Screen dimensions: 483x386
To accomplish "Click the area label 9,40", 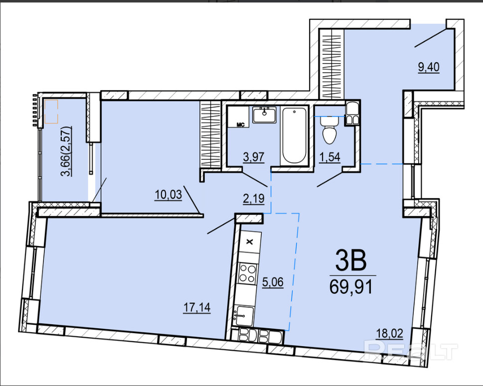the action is coord(429,67).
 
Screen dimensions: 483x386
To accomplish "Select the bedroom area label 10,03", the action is coord(168,195).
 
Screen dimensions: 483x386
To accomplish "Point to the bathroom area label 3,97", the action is coord(254,157).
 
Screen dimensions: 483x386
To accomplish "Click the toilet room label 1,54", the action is coord(329,157).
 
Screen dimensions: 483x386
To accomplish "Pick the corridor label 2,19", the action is coord(254,199).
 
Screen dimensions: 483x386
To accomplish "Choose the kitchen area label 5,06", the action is coord(273,282).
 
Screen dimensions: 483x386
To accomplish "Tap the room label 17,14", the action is coord(197,307).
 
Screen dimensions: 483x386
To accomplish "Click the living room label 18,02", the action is coord(389,333).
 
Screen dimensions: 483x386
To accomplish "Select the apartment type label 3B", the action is coord(351,260).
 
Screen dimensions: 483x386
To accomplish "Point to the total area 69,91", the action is coord(351,287).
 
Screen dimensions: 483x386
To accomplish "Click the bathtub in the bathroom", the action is coord(294,135).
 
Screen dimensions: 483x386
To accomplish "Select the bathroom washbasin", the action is coord(264,115).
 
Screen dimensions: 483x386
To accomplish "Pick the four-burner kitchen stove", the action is coord(248,273).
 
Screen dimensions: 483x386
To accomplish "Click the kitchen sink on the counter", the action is coord(244,315).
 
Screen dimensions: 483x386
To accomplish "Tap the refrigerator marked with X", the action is coord(250,242).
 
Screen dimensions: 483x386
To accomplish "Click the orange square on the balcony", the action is coord(51,111).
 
